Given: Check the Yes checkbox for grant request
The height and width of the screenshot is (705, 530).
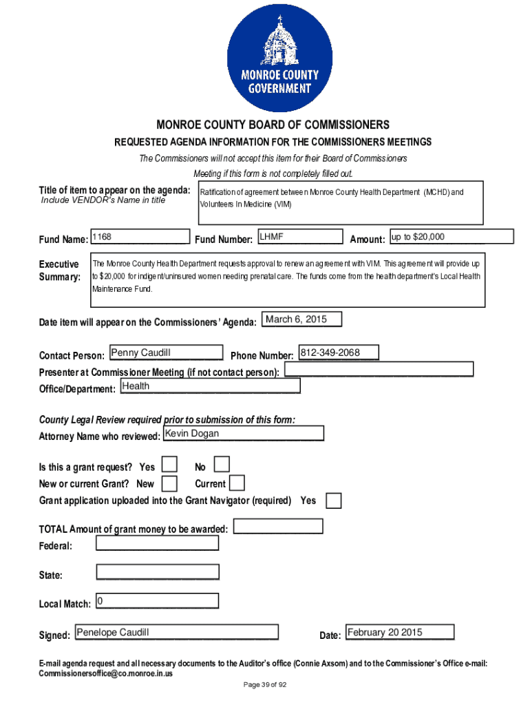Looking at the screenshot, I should pos(169,465).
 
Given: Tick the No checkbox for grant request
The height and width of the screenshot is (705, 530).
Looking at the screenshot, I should pos(222,465).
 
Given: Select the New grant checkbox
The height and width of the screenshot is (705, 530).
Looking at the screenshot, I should pos(169,483).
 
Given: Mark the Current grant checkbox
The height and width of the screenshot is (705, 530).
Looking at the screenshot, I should pos(237,483).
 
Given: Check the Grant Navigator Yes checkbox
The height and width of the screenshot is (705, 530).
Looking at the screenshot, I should pos(333,501).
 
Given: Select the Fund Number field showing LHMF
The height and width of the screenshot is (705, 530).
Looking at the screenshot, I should pos(300,238).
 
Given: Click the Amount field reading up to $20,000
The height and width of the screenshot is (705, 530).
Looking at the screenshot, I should pos(452,237).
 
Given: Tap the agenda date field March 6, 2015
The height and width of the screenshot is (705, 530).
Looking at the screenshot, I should pos(301,319).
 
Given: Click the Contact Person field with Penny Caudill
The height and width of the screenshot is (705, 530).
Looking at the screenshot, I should pos(166,353).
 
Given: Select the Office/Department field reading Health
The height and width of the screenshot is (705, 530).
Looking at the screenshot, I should pos(210,386).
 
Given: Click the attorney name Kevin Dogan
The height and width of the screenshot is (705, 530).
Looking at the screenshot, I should pos(243,434).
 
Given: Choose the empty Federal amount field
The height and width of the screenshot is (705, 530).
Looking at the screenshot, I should pos(158,543).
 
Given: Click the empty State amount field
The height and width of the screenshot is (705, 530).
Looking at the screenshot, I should pos(158,572).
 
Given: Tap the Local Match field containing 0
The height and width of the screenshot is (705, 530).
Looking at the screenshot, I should pos(158,602).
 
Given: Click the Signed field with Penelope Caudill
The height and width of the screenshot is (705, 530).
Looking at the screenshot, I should pos(176,633).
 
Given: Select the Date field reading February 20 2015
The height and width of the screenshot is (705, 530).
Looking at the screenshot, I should pos(400,633).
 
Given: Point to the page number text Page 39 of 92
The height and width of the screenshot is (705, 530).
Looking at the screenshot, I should pos(265,685).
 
